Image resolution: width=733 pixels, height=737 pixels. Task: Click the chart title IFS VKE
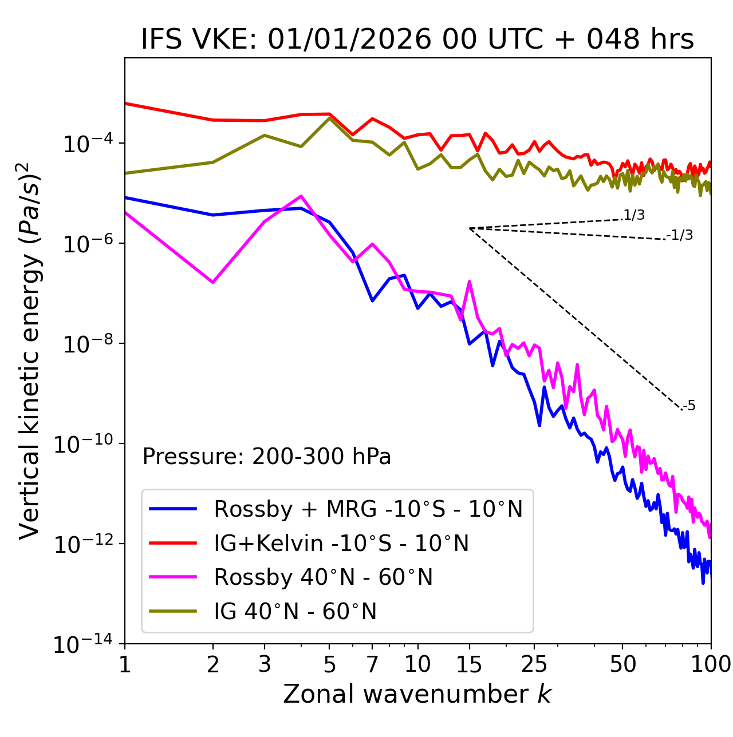click(417, 40)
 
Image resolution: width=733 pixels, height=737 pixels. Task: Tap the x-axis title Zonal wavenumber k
click(417, 694)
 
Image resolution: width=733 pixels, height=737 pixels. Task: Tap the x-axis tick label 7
click(372, 664)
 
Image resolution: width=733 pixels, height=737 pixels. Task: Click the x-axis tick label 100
click(710, 664)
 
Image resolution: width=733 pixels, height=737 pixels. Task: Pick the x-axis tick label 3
click(265, 664)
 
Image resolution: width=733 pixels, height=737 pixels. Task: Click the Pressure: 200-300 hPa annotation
click(267, 457)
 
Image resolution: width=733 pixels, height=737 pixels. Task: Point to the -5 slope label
click(689, 406)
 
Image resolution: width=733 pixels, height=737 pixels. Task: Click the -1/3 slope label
click(680, 235)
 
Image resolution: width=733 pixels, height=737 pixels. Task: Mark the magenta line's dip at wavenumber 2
click(213, 282)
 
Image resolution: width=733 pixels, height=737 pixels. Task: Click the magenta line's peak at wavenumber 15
click(470, 282)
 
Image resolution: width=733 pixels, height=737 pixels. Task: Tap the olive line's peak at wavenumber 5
click(329, 118)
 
